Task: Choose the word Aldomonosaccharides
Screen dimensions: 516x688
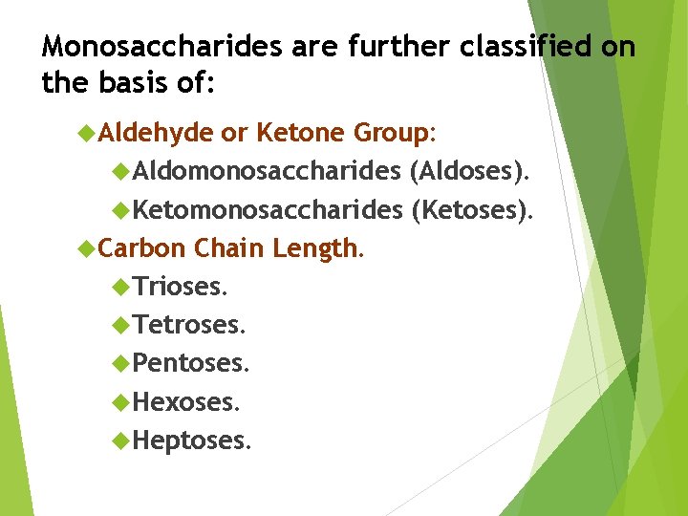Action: [x=267, y=171]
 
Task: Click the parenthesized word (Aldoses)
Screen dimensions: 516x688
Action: [x=467, y=171]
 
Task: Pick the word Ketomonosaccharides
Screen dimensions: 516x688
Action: [x=268, y=210]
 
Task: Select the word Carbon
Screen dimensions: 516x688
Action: [x=141, y=248]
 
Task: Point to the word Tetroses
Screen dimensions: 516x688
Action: [x=189, y=325]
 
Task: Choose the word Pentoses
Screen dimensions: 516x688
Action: [x=191, y=363]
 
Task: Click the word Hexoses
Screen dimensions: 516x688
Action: [x=186, y=402]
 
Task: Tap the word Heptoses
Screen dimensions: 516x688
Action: [x=192, y=441]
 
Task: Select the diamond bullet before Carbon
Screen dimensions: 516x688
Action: [x=86, y=248]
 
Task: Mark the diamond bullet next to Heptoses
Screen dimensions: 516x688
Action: [x=120, y=441]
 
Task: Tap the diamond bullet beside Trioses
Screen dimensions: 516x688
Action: [x=120, y=286]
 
